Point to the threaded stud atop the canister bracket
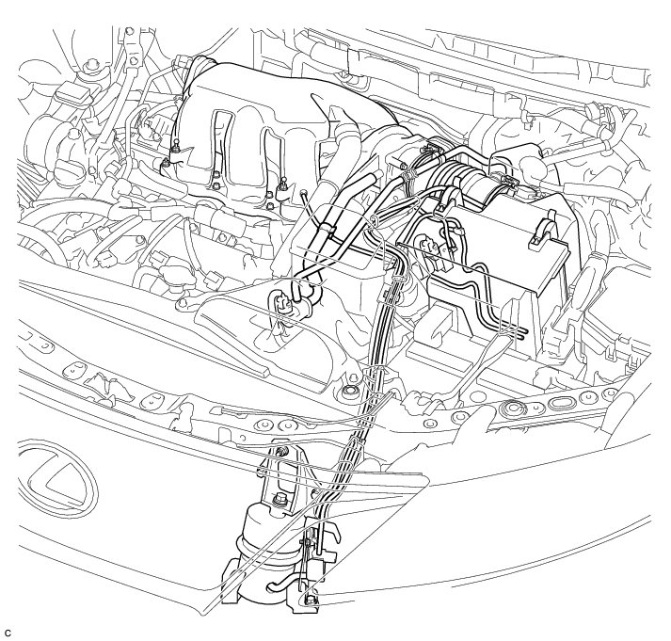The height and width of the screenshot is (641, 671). pos(282,451)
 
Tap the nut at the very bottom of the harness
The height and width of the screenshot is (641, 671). pos(312,602)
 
